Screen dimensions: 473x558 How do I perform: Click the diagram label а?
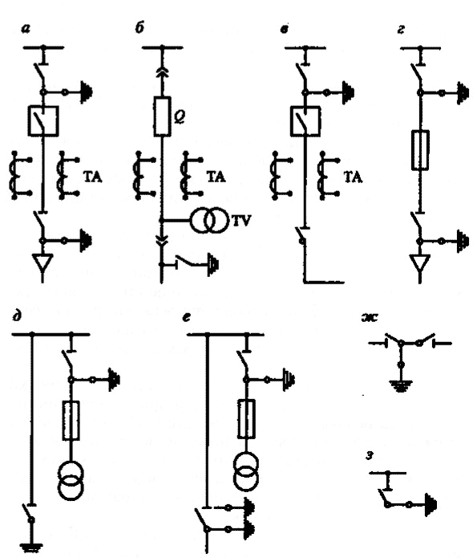tap(25, 29)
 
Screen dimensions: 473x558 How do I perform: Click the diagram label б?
tap(139, 28)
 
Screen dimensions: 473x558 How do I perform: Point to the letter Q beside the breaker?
tap(180, 116)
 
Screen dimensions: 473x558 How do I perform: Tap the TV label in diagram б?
tap(241, 221)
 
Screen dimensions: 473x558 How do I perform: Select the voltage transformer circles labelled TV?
tap(208, 221)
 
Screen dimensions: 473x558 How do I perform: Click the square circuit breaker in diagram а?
tap(43, 121)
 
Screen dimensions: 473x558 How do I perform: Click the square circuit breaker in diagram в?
tap(305, 121)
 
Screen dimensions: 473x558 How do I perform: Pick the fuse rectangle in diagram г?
tap(420, 150)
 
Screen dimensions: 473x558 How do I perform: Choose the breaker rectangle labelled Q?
tap(162, 116)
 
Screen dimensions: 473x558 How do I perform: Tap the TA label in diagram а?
tap(93, 177)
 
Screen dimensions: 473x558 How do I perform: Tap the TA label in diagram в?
tap(354, 177)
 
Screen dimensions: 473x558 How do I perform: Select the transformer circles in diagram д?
tap(71, 481)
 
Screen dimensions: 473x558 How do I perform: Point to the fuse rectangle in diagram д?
tap(71, 421)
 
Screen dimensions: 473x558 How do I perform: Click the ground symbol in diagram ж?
tap(401, 386)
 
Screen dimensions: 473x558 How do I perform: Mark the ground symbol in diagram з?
tap(430, 504)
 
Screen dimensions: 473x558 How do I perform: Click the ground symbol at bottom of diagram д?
tap(31, 548)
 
